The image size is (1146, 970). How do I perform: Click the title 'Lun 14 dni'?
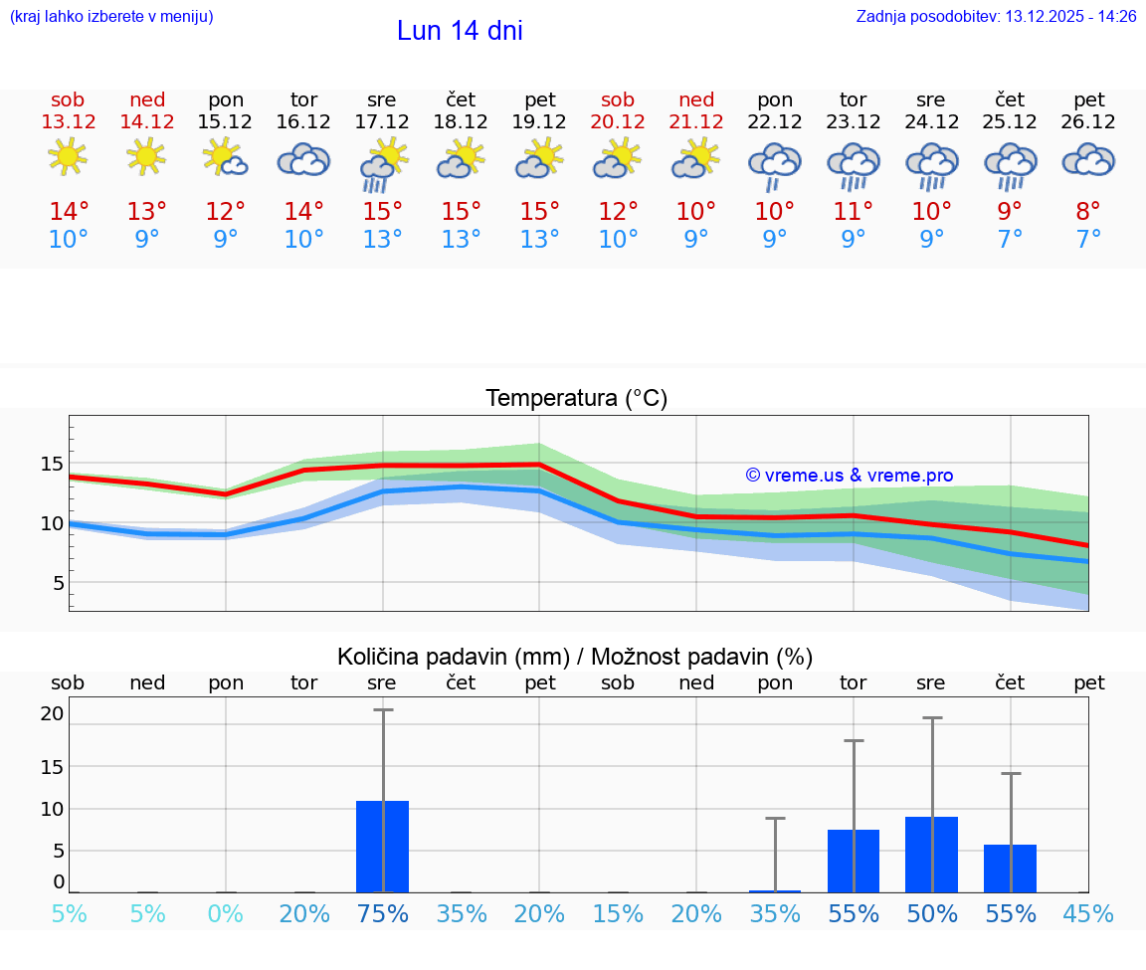point(460,31)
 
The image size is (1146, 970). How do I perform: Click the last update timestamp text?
point(996,17)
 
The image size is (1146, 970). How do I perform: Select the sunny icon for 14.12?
point(147,157)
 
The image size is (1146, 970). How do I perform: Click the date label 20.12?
point(618,122)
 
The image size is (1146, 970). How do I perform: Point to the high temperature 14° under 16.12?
point(303,212)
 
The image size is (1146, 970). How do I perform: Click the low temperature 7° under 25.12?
point(1010,240)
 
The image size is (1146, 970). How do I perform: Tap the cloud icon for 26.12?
point(1088,160)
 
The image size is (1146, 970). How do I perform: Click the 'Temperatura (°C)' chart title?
point(576,399)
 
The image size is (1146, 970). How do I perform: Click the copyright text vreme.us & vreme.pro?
point(849,476)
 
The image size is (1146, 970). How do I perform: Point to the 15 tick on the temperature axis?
point(52,464)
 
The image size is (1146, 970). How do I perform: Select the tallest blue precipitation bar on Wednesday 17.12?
point(382,847)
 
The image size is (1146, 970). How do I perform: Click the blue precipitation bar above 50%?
point(931,855)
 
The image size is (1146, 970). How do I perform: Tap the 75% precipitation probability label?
point(382,914)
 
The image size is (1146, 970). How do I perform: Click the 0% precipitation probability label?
point(226,914)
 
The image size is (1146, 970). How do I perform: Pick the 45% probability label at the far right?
point(1088,914)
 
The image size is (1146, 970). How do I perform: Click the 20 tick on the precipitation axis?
point(52,713)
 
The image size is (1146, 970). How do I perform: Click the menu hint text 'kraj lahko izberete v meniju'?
point(111,17)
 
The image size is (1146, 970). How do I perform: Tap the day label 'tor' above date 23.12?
point(853,99)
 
